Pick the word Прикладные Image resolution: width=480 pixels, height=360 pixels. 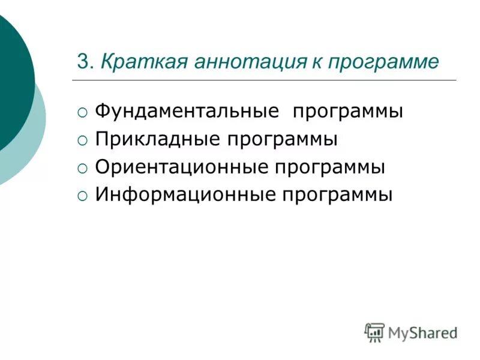click(x=158, y=139)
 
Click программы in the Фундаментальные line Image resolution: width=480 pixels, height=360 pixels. click(x=347, y=113)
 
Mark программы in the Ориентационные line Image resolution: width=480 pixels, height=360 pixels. click(x=329, y=168)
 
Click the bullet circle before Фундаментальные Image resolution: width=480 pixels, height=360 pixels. click(x=82, y=113)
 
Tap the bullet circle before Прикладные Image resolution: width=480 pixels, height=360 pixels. click(x=82, y=140)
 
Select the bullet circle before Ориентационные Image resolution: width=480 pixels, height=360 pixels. click(x=82, y=168)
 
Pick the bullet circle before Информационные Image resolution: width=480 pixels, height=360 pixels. click(x=82, y=196)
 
